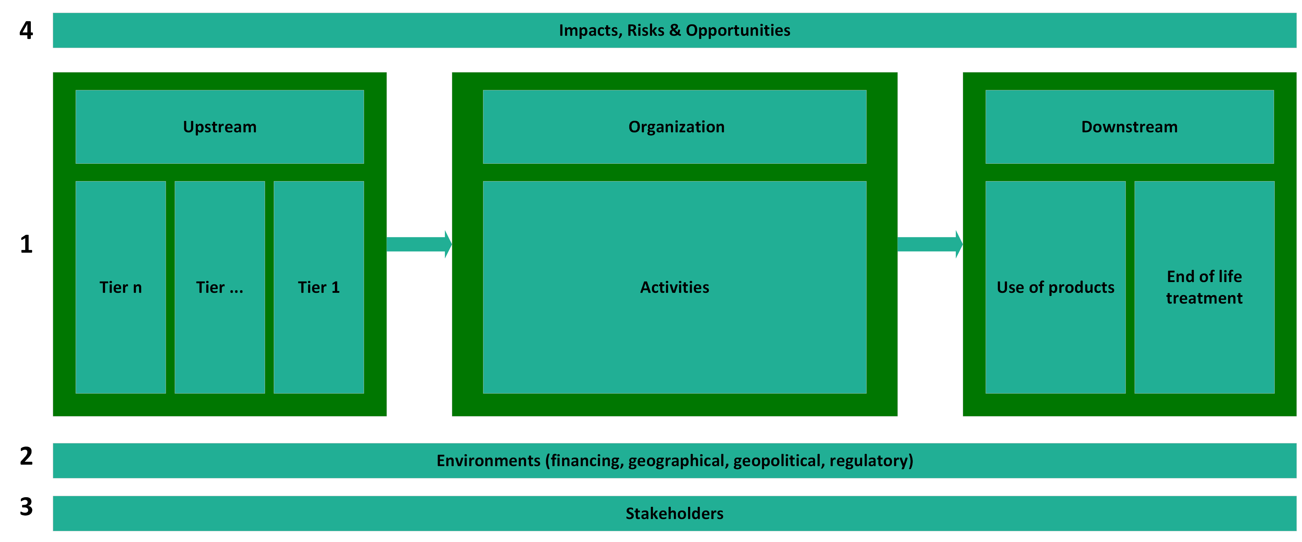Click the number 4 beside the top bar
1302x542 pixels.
(26, 30)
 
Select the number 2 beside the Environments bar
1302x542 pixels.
(26, 456)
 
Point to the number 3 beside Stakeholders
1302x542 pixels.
(26, 507)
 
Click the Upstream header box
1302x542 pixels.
(219, 127)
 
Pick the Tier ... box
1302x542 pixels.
(219, 287)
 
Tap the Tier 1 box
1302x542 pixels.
(318, 287)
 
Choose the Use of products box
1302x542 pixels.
(1055, 287)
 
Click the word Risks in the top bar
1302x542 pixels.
(645, 30)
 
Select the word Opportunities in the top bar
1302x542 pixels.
(738, 30)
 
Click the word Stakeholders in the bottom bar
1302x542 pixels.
(674, 513)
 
